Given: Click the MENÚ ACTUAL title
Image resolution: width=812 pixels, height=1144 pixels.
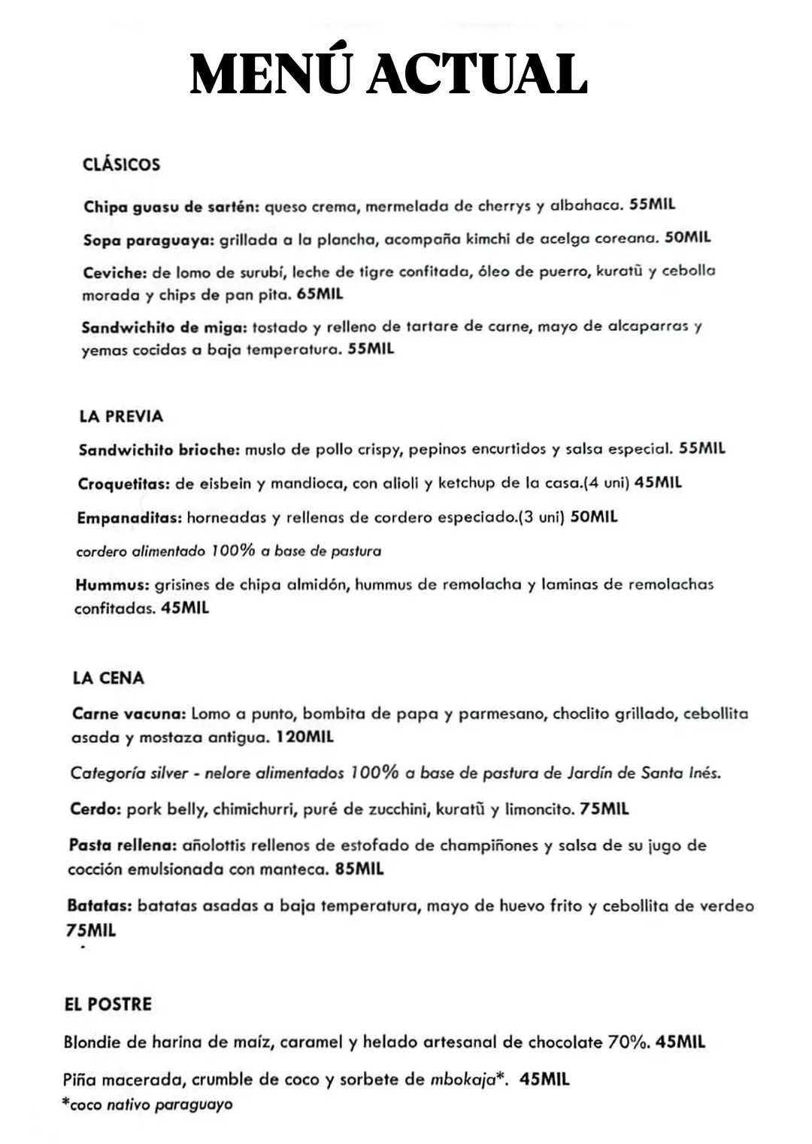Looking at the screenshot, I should click(388, 74).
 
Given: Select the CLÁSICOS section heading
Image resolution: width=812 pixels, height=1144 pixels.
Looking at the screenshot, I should click(121, 165).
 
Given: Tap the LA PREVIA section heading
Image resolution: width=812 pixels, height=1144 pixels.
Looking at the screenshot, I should click(120, 416).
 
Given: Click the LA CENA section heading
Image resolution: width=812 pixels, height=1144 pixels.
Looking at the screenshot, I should click(108, 678).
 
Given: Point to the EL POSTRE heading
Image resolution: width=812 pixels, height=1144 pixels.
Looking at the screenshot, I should click(108, 1004).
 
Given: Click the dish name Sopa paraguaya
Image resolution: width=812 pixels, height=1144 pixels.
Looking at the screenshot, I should click(148, 239).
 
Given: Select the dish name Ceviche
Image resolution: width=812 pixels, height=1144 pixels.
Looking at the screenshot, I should click(114, 272).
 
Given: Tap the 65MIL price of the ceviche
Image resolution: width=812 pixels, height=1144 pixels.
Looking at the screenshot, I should click(320, 294).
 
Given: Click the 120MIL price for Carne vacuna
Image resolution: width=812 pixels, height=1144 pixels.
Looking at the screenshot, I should click(304, 737).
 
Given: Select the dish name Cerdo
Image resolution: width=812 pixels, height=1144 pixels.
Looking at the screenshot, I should click(95, 809).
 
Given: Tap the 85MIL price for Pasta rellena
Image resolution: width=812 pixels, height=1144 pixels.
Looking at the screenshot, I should click(359, 869).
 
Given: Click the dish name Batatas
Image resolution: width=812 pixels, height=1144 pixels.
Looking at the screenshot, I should click(99, 906).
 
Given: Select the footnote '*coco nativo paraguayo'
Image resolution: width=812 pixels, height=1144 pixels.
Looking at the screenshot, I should click(147, 1105).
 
